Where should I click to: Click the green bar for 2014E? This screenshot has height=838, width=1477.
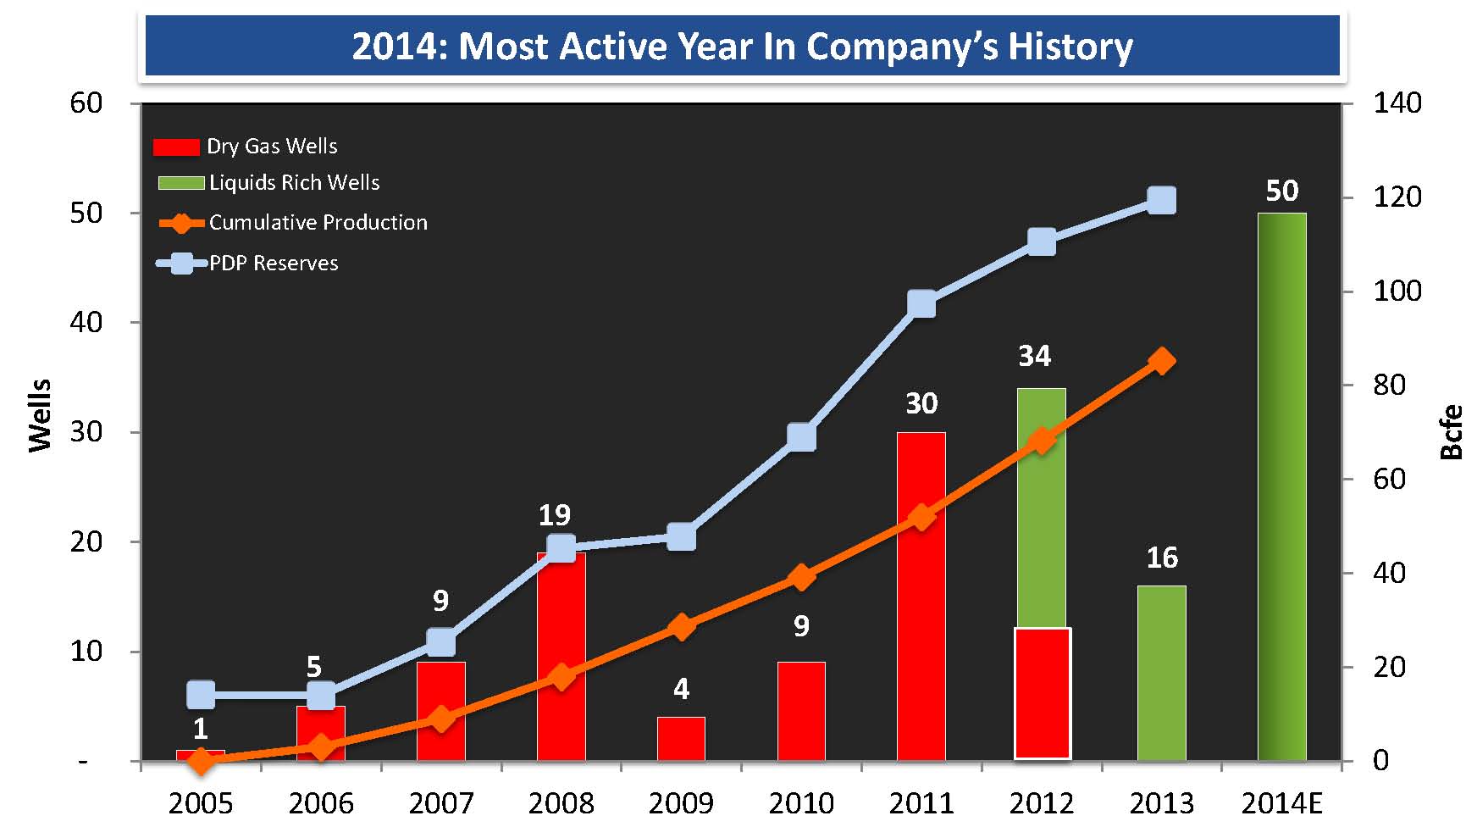1281,486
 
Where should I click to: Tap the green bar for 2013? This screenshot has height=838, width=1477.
1161,673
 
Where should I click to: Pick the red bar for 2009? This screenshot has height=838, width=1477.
681,739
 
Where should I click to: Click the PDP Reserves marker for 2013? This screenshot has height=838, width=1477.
1161,201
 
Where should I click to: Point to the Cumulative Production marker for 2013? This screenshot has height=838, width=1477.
1161,361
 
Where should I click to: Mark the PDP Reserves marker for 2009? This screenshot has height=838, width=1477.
681,537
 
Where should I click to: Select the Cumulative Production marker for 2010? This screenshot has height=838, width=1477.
801,578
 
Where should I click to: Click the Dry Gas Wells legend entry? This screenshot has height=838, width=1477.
246,147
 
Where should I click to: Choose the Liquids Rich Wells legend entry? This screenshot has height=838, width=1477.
269,183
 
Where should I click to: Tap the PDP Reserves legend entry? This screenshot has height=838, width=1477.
248,264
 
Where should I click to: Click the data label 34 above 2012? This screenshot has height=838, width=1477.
1034,356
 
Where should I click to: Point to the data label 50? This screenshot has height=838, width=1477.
1281,191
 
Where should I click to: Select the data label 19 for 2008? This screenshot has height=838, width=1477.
555,514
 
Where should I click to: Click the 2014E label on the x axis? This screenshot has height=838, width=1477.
1281,803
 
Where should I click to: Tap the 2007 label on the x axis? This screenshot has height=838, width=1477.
440,803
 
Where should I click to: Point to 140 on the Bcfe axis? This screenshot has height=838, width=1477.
1397,103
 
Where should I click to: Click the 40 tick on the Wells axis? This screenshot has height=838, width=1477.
86,322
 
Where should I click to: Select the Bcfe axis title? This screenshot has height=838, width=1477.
1451,432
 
